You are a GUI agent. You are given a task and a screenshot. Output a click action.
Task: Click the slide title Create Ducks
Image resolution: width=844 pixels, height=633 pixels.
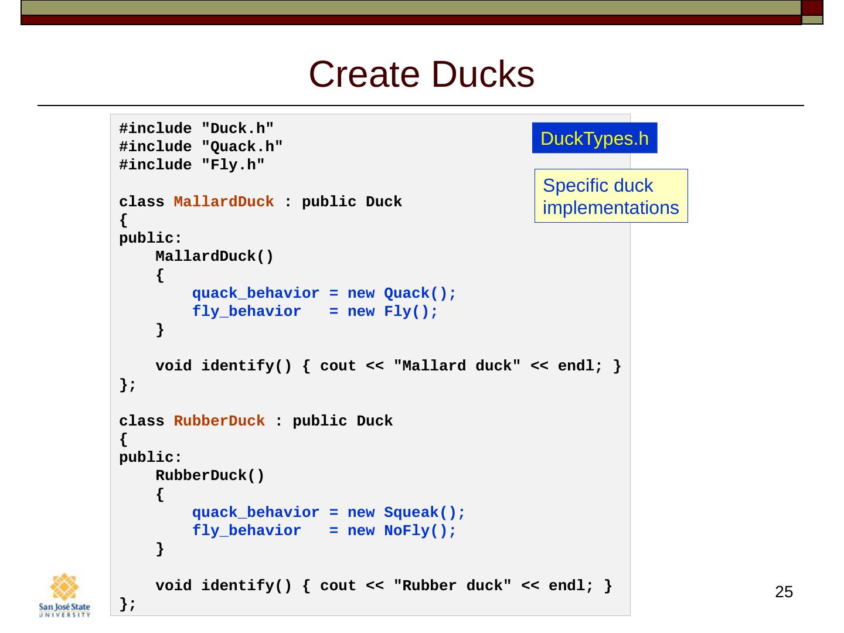click(421, 75)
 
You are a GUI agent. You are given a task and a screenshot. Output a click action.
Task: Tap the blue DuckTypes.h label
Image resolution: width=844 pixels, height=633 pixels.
click(594, 138)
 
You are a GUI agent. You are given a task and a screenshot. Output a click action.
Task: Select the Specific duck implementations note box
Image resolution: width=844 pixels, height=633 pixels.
click(611, 196)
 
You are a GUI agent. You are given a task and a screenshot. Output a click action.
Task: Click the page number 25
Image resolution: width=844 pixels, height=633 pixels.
click(784, 592)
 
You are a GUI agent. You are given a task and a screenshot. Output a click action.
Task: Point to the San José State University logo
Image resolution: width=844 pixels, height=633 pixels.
click(64, 594)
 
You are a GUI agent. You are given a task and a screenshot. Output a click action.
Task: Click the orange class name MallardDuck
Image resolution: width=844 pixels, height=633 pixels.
click(224, 202)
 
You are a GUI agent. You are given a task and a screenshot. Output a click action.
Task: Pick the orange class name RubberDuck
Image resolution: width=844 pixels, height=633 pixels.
click(219, 421)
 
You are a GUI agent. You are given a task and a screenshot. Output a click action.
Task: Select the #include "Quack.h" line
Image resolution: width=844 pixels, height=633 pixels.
click(201, 147)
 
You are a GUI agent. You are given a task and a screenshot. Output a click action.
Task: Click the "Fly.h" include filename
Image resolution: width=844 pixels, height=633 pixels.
click(233, 165)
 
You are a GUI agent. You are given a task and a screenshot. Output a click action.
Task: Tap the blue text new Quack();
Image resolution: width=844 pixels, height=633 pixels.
click(401, 294)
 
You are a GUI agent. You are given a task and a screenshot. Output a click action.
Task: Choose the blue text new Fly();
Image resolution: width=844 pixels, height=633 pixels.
click(392, 312)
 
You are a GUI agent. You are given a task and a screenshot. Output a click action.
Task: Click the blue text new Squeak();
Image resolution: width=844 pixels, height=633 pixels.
click(406, 513)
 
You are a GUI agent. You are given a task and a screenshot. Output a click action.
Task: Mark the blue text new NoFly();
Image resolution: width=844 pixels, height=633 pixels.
click(401, 531)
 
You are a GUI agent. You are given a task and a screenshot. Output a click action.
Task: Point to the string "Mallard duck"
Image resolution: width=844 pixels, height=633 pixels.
click(457, 366)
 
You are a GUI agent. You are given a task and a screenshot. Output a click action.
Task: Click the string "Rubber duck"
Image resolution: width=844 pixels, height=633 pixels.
click(452, 586)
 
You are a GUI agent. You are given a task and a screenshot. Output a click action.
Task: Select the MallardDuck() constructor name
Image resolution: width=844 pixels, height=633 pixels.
click(215, 257)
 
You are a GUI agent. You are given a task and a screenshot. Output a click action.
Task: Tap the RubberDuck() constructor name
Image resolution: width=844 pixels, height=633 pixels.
click(210, 476)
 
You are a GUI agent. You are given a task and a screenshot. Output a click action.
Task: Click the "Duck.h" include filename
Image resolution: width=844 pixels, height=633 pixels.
click(237, 129)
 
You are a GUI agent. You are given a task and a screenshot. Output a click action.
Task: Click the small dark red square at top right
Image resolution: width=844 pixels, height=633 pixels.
click(812, 8)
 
